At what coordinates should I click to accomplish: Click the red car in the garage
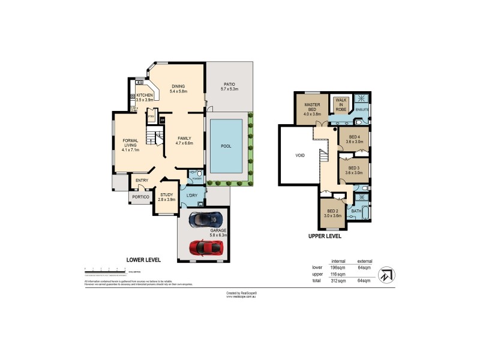coord(203,247)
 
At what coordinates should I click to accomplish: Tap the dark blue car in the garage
coord(203,220)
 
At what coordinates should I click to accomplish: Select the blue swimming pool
coord(226,145)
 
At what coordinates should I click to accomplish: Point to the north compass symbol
coord(388,275)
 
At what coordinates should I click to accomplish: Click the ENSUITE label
coord(362,109)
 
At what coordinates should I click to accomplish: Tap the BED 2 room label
coord(332,212)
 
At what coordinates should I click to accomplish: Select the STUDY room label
coord(166,193)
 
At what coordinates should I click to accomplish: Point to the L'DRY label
coord(192,196)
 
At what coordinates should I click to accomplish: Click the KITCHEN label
coord(145,95)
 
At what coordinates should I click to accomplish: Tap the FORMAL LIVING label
coord(127,143)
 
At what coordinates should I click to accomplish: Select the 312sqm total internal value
coord(337,280)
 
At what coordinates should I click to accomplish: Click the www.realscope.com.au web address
coord(242,296)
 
